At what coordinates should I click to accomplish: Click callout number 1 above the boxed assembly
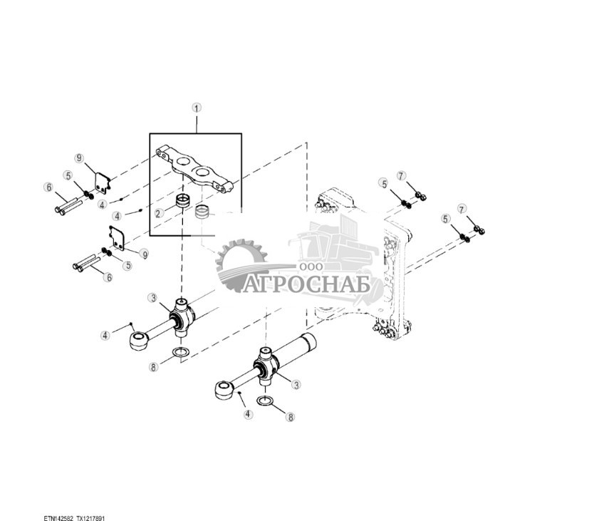197,108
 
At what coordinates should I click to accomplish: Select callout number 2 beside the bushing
160,212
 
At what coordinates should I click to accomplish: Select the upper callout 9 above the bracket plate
80,158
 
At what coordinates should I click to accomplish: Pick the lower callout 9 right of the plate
144,254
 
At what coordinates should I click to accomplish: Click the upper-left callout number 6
48,187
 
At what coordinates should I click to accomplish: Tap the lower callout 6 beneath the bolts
108,277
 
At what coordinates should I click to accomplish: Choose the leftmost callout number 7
401,175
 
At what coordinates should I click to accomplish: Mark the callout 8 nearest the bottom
291,416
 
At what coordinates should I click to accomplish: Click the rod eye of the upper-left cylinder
139,340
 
